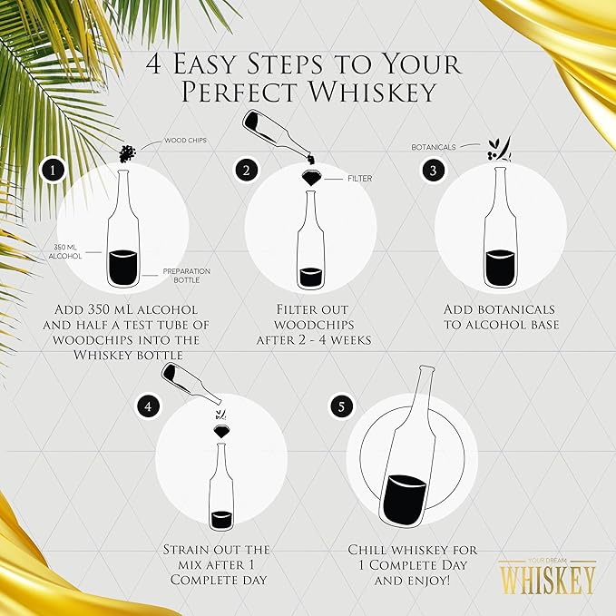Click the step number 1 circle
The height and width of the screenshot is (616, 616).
[x=55, y=170]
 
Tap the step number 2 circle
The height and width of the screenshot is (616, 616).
[x=246, y=170]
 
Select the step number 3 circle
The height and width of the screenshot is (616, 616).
[x=434, y=170]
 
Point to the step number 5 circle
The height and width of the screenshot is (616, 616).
[x=342, y=406]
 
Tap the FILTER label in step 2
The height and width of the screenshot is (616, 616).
[x=359, y=179]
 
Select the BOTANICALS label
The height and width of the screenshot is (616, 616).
[x=433, y=146]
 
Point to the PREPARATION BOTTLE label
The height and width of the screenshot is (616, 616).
[x=187, y=275]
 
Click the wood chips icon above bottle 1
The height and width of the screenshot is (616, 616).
[x=128, y=152]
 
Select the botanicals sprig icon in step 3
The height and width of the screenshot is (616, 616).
[x=498, y=149]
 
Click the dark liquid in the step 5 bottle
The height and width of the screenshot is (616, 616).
[x=406, y=499]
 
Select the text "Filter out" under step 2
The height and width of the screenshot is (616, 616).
[x=311, y=309]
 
